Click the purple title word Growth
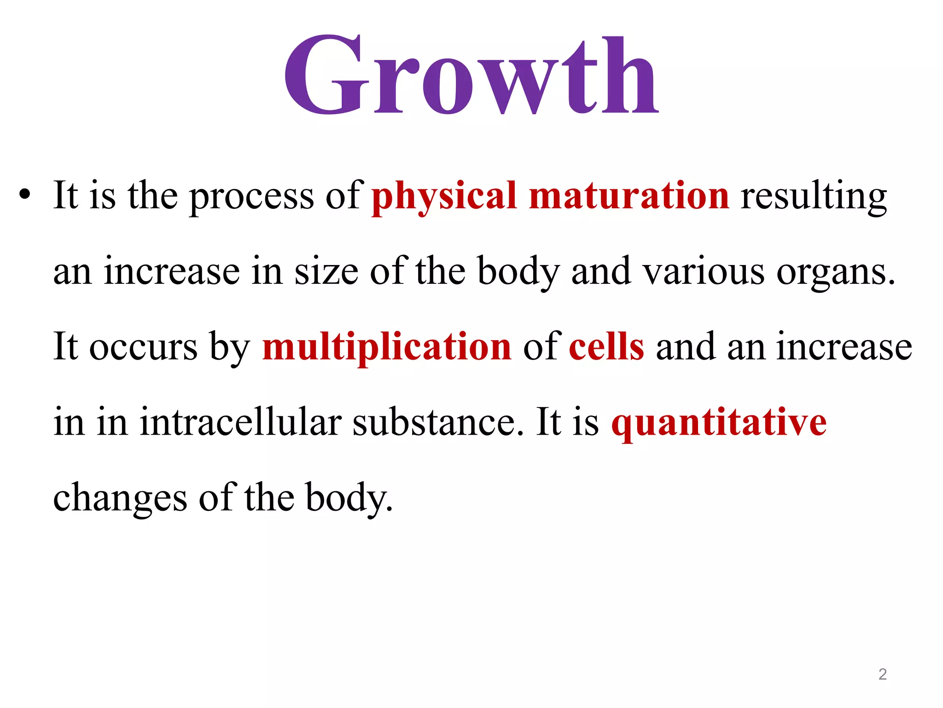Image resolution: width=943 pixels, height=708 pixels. pos(471,76)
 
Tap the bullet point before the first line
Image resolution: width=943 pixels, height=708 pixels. pos(25,196)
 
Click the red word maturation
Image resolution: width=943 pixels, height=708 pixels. pos(629,196)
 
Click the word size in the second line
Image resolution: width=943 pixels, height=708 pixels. pos(326,271)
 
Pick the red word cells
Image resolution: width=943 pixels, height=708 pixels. pos(606,347)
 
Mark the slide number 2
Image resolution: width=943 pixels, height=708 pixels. pos(882,674)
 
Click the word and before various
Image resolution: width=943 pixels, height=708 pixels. pos(601,271)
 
